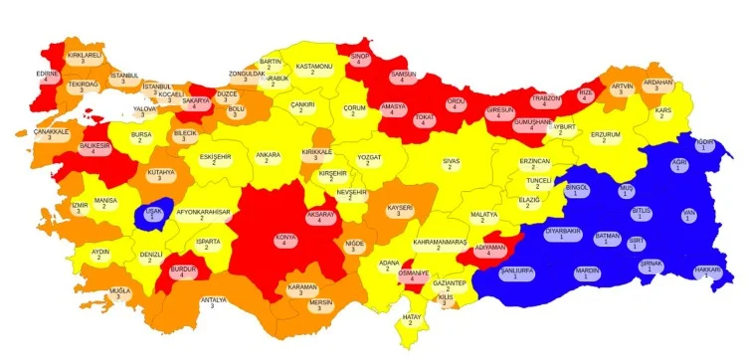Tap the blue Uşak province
tap(153, 214)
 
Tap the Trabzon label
tap(546, 101)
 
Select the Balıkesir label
tap(93, 149)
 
